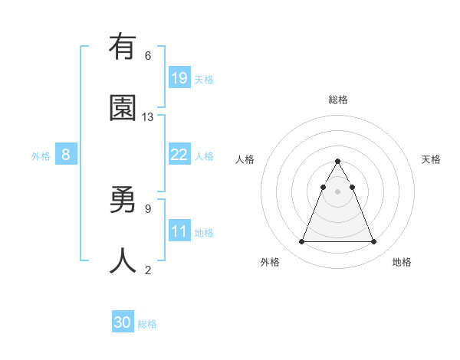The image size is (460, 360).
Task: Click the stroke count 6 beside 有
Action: [x=148, y=55]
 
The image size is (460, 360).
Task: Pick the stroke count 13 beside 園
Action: [x=148, y=116]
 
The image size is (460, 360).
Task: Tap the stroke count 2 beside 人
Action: [x=148, y=270]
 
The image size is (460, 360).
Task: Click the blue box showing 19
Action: [x=179, y=77]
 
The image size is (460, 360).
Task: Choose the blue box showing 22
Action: [x=179, y=155]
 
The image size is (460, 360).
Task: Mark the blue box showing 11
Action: [x=179, y=231]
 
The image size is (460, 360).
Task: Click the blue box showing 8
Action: [x=66, y=155]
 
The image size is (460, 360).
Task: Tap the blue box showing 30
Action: [x=123, y=322]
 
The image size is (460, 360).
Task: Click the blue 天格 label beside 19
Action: [x=204, y=79]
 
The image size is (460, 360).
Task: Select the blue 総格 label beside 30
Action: [x=148, y=324]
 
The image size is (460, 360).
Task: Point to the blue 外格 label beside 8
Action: [x=41, y=156]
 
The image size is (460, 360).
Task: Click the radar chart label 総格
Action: [x=337, y=100]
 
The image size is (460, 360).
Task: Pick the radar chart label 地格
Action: [x=402, y=262]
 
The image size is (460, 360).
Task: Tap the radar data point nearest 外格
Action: [x=301, y=242]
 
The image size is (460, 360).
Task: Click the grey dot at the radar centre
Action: [x=337, y=191]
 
